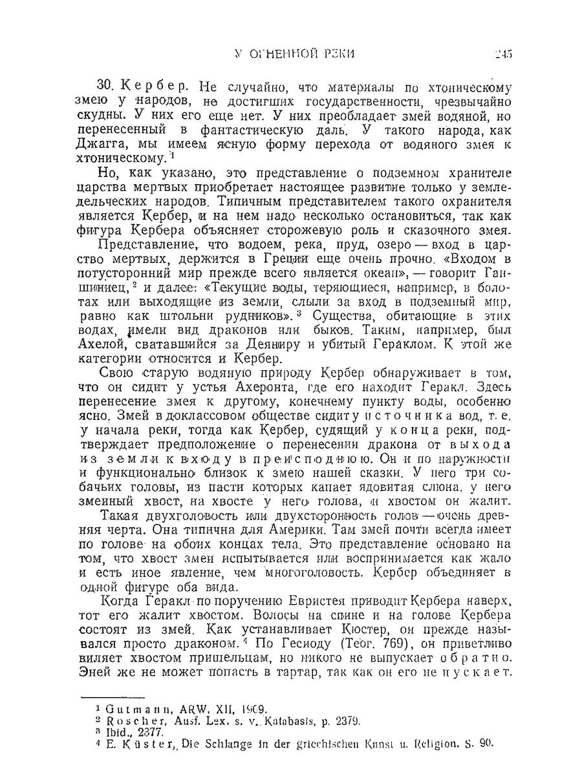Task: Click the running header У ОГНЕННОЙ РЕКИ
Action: click(292, 54)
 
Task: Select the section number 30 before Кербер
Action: click(105, 87)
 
